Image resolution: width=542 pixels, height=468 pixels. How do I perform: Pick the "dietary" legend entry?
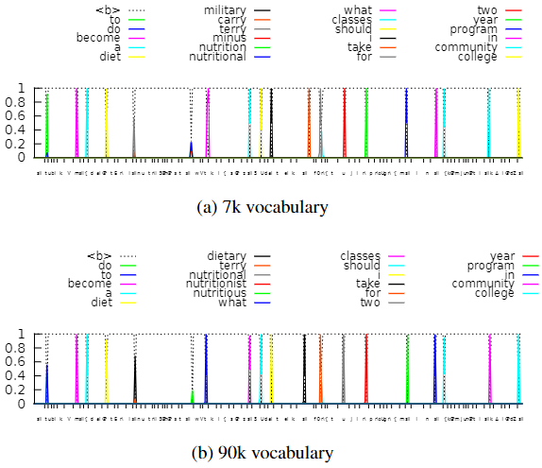point(228,255)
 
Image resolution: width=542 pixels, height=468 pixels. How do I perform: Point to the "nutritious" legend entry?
point(222,293)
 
